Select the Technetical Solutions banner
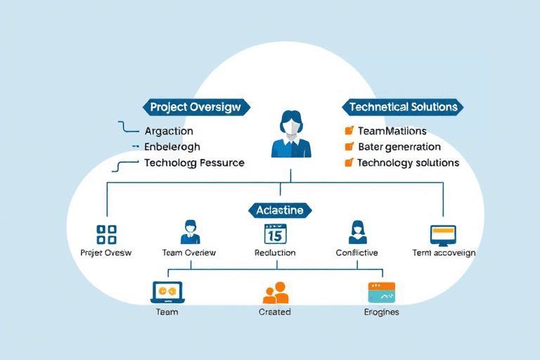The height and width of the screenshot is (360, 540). [x=403, y=108]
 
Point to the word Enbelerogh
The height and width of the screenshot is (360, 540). [x=172, y=147]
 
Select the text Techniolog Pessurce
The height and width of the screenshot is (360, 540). [x=194, y=162]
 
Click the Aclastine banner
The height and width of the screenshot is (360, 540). [x=280, y=210]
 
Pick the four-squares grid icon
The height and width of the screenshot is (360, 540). [x=106, y=235]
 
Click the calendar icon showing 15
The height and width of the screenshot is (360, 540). [x=275, y=233]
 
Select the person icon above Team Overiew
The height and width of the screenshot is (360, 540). [x=190, y=232]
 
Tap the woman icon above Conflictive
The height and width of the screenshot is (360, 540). [x=357, y=232]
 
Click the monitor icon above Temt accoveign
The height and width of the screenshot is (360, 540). [x=443, y=234]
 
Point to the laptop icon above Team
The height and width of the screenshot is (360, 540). [x=167, y=292]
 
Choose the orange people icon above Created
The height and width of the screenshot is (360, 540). [x=275, y=292]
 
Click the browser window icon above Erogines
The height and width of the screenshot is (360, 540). [x=382, y=292]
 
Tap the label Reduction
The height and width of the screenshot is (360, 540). [x=275, y=252]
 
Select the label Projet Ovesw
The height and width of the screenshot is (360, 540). [x=106, y=252]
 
